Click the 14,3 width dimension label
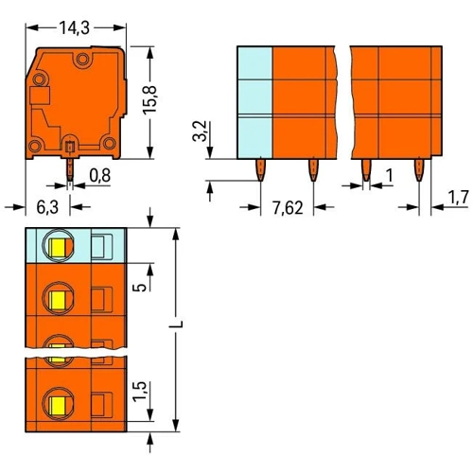tap(75, 27)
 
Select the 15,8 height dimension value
tap(149, 100)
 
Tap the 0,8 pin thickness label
tap(100, 176)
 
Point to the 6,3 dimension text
tap(47, 207)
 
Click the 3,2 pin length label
tap(200, 131)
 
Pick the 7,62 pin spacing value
tap(288, 208)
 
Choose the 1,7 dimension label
tap(459, 199)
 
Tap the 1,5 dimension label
tap(139, 392)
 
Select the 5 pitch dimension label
tap(140, 287)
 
